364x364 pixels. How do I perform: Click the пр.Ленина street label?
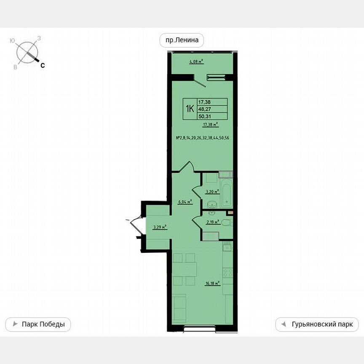(x=182, y=40)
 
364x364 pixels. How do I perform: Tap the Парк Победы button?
(x=38, y=324)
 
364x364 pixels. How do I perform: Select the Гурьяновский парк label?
(x=317, y=324)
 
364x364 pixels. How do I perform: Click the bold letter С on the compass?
(x=43, y=65)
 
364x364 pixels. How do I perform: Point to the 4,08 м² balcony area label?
(x=196, y=62)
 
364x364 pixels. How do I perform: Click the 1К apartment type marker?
(x=189, y=109)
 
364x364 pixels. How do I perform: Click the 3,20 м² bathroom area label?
(x=212, y=192)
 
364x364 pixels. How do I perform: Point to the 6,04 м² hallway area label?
(x=185, y=202)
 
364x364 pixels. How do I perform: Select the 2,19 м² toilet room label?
(x=212, y=222)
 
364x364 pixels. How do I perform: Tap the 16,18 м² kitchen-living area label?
(x=213, y=284)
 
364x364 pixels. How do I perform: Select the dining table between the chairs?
(x=184, y=268)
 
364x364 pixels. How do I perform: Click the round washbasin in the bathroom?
(x=212, y=204)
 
